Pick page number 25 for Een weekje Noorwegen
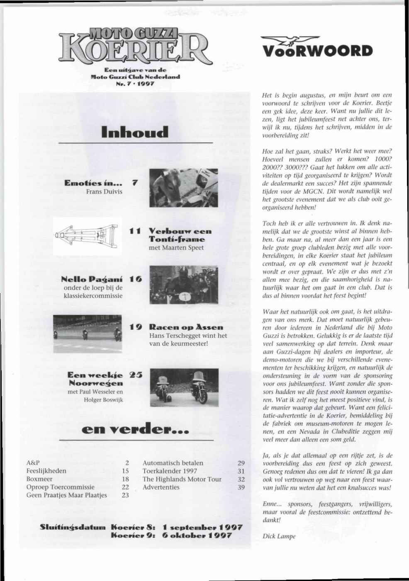[136, 375]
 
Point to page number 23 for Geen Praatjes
[125, 495]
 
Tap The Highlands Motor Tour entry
[182, 479]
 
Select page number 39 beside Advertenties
[241, 487]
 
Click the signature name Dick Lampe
[279, 536]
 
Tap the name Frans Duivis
[104, 191]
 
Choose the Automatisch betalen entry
[173, 463]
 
